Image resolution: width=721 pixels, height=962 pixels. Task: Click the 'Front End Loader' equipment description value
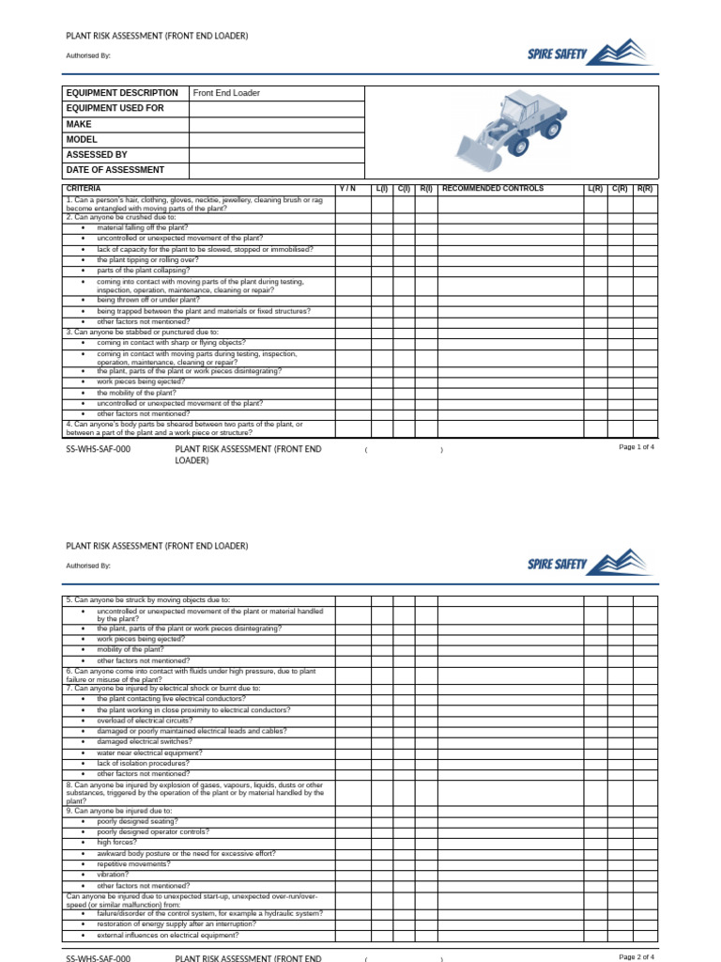tap(226, 93)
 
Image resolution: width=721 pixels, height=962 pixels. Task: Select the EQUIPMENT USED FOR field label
tap(115, 108)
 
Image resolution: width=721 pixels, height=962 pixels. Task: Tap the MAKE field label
tap(79, 124)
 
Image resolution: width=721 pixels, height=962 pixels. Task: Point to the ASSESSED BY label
tap(97, 155)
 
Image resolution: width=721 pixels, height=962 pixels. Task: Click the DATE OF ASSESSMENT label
tap(115, 170)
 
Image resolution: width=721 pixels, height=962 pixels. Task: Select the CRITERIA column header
tap(84, 189)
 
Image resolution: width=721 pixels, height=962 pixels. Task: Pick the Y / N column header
tap(347, 189)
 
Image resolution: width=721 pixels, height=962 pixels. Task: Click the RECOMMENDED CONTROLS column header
tap(492, 189)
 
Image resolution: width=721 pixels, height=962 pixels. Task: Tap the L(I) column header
tap(381, 189)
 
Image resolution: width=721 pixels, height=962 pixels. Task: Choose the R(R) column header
tap(645, 189)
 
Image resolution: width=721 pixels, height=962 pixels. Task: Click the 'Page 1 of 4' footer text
tap(637, 447)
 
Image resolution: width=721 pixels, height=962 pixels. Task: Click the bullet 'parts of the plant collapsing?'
tap(143, 271)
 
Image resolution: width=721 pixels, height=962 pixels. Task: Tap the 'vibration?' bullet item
tap(113, 875)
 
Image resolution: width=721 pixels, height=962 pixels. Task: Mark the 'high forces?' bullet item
tap(116, 843)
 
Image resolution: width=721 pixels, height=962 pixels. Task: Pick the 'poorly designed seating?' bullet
tap(137, 821)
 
